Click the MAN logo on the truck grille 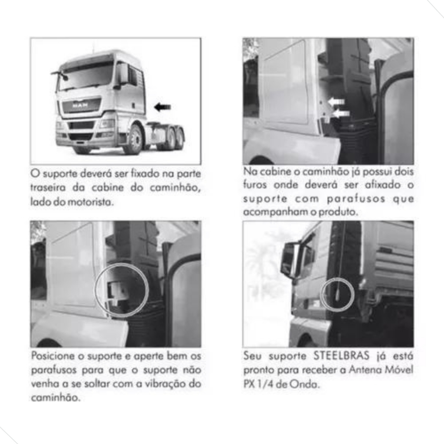80,105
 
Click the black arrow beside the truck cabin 163,107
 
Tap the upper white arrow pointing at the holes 336,101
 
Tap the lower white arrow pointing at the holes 341,114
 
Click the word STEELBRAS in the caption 342,356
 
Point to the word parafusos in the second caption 356,199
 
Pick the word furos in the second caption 255,185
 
